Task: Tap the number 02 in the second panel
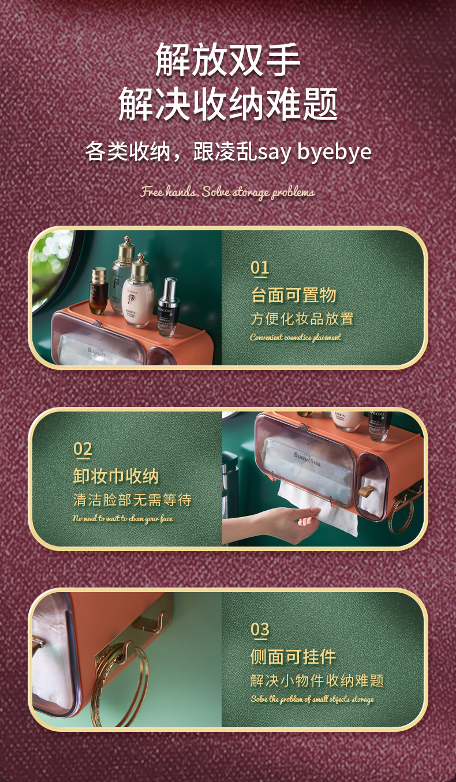click(83, 448)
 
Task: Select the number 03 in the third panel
click(260, 629)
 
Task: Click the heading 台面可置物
click(294, 295)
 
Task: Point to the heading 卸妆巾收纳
click(116, 476)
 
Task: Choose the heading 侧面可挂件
click(293, 657)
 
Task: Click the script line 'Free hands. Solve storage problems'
click(227, 192)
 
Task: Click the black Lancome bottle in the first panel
click(167, 307)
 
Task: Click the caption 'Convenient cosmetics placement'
click(296, 337)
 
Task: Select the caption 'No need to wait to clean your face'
click(122, 518)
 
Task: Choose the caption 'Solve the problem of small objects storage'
click(312, 699)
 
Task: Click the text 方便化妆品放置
click(302, 319)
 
